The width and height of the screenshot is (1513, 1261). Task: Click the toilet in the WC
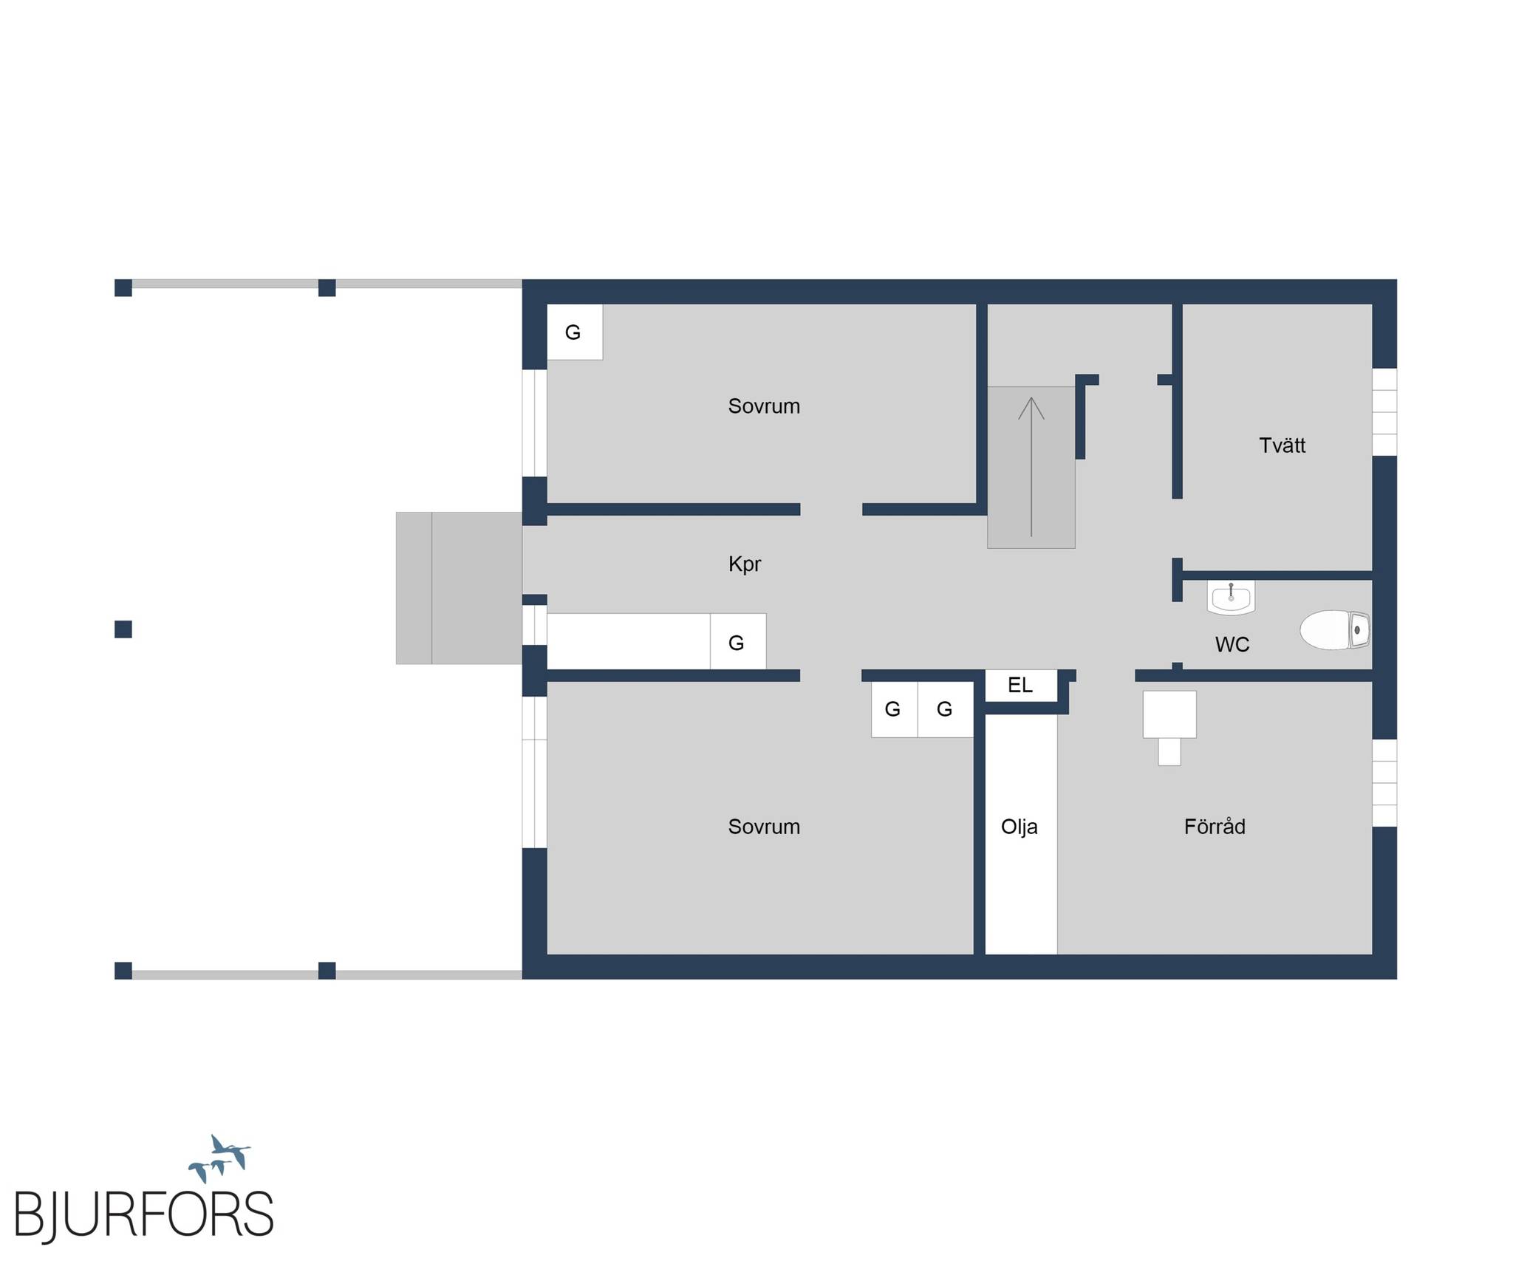click(x=1335, y=629)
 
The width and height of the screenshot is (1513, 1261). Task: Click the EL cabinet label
click(x=1020, y=685)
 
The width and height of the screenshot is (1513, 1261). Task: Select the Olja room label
click(x=1020, y=827)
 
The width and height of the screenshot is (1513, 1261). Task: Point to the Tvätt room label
click(x=1282, y=445)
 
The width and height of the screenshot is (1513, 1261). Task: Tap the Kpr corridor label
click(x=745, y=564)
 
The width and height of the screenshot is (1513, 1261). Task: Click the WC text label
click(x=1232, y=645)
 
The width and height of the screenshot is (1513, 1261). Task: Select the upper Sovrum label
click(x=764, y=406)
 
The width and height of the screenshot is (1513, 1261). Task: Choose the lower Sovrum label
click(x=764, y=827)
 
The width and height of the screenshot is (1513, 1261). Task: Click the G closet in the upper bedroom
click(x=575, y=332)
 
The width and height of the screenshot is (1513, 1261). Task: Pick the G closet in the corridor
click(x=738, y=641)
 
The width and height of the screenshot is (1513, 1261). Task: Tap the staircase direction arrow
click(x=1031, y=467)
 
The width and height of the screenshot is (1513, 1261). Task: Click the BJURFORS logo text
click(x=144, y=1214)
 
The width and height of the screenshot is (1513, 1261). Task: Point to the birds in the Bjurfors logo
click(x=219, y=1158)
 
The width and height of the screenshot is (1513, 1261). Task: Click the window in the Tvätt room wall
click(x=1384, y=412)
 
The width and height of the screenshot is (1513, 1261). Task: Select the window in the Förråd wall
click(x=1384, y=783)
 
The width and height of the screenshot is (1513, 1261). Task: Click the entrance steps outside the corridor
click(x=459, y=588)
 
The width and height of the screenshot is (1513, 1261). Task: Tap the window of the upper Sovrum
click(x=534, y=423)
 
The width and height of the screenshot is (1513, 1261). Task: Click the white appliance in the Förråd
click(x=1169, y=727)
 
